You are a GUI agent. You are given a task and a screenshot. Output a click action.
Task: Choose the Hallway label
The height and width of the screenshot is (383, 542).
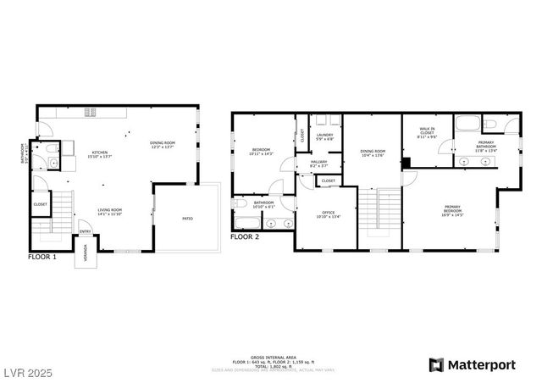(318, 163)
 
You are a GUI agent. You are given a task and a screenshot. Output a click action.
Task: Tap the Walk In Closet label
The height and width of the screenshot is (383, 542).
(428, 132)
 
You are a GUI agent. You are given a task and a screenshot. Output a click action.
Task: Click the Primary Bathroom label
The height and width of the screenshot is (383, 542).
(486, 145)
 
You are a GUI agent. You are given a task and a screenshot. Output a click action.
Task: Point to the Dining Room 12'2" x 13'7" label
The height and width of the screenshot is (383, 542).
(163, 144)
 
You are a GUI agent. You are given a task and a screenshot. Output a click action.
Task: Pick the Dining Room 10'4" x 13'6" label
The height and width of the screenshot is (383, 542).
(373, 153)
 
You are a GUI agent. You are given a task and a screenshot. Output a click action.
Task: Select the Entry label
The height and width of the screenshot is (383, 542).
(86, 232)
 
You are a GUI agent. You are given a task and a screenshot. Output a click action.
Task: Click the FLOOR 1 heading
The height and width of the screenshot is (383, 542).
(42, 256)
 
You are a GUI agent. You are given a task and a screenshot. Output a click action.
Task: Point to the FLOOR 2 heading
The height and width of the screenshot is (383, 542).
(246, 237)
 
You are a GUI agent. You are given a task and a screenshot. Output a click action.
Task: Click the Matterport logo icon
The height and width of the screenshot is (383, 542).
(437, 365)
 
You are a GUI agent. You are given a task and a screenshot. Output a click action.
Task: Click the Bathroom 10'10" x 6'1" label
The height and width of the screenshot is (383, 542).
(263, 204)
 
